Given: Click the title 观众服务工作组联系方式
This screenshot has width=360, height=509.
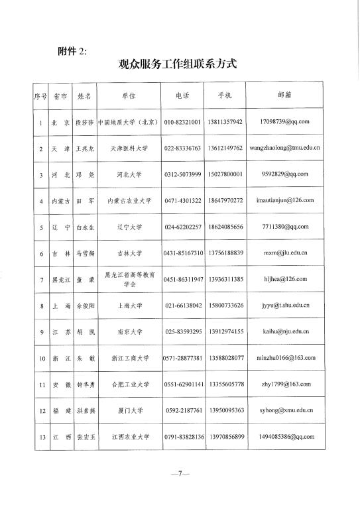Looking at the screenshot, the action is [x=176, y=65].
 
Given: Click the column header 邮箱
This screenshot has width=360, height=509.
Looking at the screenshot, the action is [x=284, y=96].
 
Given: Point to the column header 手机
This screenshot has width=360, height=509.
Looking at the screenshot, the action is [x=225, y=97].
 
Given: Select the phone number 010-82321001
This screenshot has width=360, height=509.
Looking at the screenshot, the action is [x=182, y=123].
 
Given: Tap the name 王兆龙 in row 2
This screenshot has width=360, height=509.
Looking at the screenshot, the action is [x=84, y=148].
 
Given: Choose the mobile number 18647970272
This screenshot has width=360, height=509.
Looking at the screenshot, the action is [x=225, y=200].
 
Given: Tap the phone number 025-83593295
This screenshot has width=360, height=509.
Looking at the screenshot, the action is [x=182, y=331].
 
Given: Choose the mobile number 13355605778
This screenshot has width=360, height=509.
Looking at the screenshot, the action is [x=225, y=384].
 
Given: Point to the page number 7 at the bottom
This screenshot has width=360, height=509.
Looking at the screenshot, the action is [x=179, y=474].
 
